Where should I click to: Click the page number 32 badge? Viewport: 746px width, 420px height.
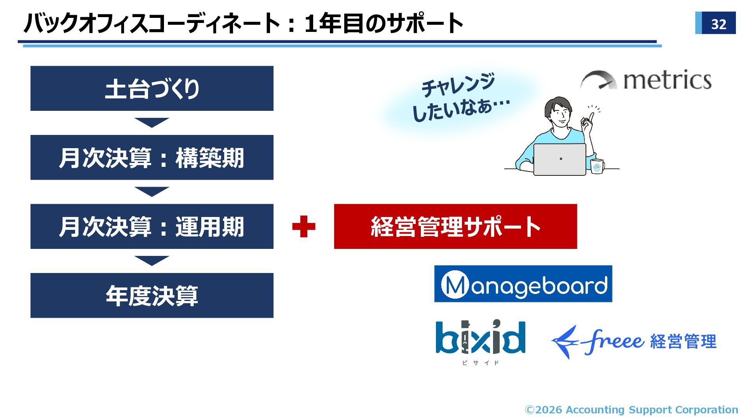click(x=715, y=23)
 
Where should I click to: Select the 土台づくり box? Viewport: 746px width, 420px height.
click(x=152, y=88)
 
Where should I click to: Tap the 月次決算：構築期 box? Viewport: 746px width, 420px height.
click(x=152, y=157)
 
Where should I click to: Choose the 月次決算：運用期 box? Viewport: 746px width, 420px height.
click(x=152, y=226)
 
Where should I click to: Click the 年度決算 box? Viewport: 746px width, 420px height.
click(x=152, y=296)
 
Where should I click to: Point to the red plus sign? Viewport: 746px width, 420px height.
click(x=303, y=226)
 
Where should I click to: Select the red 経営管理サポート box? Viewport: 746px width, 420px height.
click(x=455, y=226)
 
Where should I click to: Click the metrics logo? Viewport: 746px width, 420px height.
click(x=647, y=80)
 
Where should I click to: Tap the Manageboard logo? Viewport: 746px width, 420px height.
click(x=523, y=284)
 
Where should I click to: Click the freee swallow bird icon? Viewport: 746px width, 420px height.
click(x=565, y=341)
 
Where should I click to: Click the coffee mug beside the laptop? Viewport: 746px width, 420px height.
click(x=597, y=166)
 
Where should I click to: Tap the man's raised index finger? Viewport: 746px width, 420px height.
click(x=591, y=116)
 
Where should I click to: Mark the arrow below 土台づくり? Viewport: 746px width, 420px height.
click(x=152, y=122)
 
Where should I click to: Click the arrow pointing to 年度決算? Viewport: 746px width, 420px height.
click(x=152, y=261)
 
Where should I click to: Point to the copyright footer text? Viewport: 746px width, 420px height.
click(x=631, y=410)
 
